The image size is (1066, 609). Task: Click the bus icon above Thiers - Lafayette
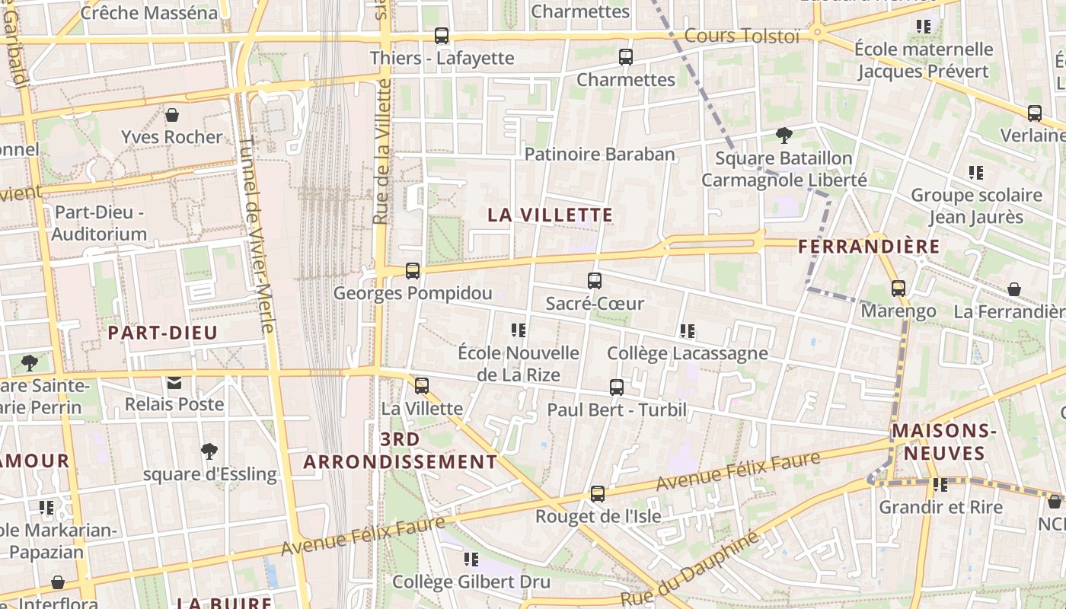pyautogui.click(x=441, y=35)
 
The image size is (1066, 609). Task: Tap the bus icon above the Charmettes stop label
pyautogui.click(x=625, y=57)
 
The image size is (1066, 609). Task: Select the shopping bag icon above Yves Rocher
pyautogui.click(x=172, y=115)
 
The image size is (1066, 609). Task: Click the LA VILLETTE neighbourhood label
pyautogui.click(x=550, y=215)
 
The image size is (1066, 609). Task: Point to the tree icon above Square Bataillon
pyautogui.click(x=784, y=136)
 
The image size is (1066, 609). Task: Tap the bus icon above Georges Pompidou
pyautogui.click(x=413, y=270)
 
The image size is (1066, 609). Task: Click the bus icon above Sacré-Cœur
pyautogui.click(x=595, y=281)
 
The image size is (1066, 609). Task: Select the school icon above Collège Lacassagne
pyautogui.click(x=688, y=331)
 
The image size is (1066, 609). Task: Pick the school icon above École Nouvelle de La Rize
pyautogui.click(x=519, y=330)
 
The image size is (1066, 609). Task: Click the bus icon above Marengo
pyautogui.click(x=898, y=289)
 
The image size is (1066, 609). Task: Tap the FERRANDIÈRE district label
pyautogui.click(x=869, y=247)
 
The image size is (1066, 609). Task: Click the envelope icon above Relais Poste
pyautogui.click(x=174, y=382)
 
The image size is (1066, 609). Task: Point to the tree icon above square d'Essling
pyautogui.click(x=209, y=451)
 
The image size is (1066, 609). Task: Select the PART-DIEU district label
pyautogui.click(x=163, y=333)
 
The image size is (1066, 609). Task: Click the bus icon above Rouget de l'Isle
pyautogui.click(x=598, y=494)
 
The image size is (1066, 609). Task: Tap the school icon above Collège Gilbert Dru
pyautogui.click(x=471, y=560)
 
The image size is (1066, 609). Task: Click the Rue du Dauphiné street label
pyautogui.click(x=690, y=569)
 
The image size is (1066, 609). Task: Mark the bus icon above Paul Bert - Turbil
pyautogui.click(x=617, y=387)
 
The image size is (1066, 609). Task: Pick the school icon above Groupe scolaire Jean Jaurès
pyautogui.click(x=976, y=173)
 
